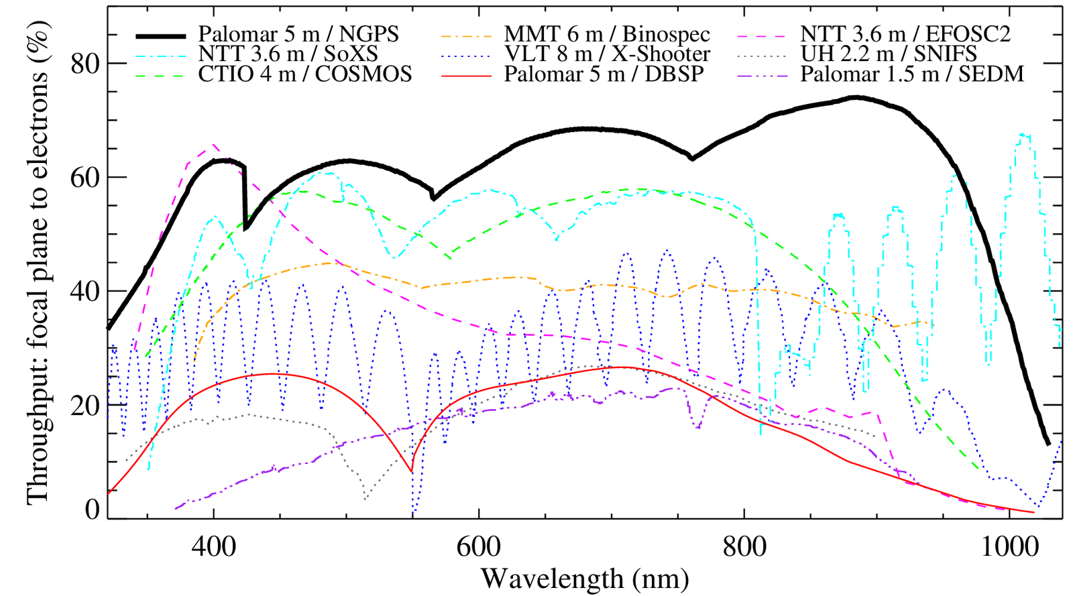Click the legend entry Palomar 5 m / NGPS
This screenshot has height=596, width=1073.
tap(298, 34)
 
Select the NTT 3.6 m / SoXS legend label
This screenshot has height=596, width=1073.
tap(288, 54)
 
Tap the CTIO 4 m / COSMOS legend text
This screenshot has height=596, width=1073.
tap(305, 73)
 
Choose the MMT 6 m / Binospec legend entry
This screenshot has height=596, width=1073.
tap(607, 34)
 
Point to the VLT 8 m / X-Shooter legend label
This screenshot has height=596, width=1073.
tap(607, 54)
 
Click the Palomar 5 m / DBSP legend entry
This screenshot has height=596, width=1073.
tap(604, 73)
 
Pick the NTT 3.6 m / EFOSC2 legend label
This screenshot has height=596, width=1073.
tap(905, 34)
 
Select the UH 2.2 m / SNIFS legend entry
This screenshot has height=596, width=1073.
tap(889, 54)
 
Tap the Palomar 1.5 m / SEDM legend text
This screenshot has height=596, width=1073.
tap(912, 73)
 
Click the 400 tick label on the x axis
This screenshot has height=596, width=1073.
tap(214, 547)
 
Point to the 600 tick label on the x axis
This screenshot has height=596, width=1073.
tap(479, 547)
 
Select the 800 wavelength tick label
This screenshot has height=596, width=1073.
tap(744, 547)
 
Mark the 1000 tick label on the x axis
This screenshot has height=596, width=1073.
tap(1009, 547)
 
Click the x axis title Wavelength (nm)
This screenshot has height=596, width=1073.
tap(585, 578)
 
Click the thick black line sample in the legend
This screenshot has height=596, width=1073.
tap(160, 35)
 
